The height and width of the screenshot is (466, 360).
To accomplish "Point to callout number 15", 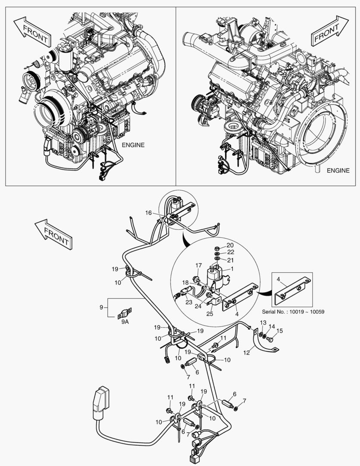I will coord(279,331).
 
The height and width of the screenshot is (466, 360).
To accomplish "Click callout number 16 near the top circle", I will coord(148,213).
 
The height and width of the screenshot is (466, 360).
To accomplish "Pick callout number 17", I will coord(198,265).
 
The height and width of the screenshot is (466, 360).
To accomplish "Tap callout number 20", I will coord(230,245).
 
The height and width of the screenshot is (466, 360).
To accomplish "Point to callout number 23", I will coord(188,303).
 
